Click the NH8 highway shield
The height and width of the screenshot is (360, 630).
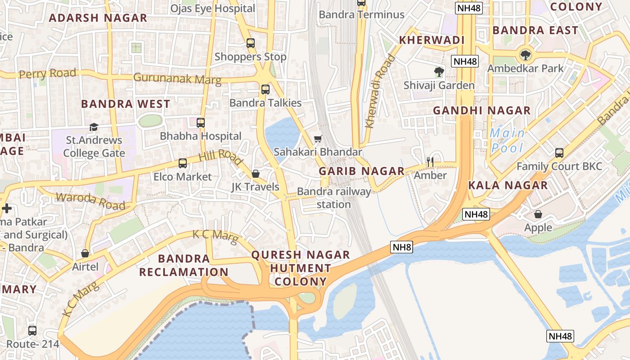click(x=401, y=247)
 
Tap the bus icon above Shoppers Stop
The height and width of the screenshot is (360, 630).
click(x=251, y=43)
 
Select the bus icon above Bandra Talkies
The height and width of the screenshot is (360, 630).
click(x=265, y=89)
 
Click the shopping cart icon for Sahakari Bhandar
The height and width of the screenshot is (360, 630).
click(x=318, y=139)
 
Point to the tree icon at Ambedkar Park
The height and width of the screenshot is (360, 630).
click(x=525, y=55)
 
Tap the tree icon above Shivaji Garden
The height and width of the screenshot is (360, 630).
click(x=439, y=72)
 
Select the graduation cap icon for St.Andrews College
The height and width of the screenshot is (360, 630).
click(x=94, y=127)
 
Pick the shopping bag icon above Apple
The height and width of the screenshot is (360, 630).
click(x=538, y=214)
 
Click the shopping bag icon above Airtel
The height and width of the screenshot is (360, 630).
click(x=85, y=253)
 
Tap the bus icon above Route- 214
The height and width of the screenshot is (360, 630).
click(x=32, y=331)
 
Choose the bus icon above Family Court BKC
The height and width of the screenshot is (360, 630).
click(x=559, y=153)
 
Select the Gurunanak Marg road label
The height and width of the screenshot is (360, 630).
click(x=177, y=79)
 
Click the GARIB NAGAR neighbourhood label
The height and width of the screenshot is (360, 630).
click(x=362, y=171)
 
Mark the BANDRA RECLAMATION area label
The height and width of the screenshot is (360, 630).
click(x=184, y=265)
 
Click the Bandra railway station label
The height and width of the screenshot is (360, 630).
click(x=334, y=198)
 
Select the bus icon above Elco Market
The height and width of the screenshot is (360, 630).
click(x=183, y=163)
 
